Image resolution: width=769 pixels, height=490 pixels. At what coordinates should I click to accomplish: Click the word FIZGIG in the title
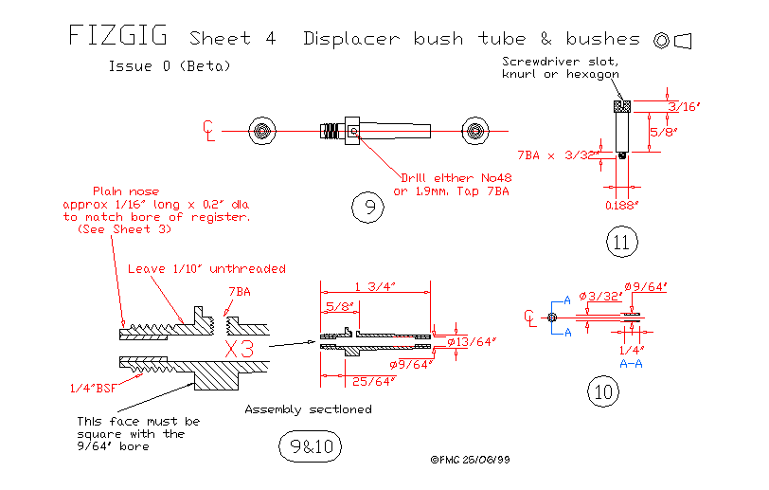[117, 37]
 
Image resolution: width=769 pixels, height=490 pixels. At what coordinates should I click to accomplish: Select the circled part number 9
[366, 206]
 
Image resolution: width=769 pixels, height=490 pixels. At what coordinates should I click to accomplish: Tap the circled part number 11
[621, 243]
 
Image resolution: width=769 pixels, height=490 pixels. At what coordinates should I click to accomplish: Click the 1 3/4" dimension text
[375, 287]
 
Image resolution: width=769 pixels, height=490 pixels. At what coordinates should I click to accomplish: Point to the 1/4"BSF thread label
[93, 387]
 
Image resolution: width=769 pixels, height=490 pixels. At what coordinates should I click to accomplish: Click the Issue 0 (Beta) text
[169, 66]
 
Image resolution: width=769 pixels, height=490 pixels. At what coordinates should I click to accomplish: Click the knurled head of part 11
[621, 105]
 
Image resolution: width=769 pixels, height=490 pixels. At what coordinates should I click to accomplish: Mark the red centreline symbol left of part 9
[209, 130]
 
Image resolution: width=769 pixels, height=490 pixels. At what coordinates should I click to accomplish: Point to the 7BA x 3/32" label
[555, 153]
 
